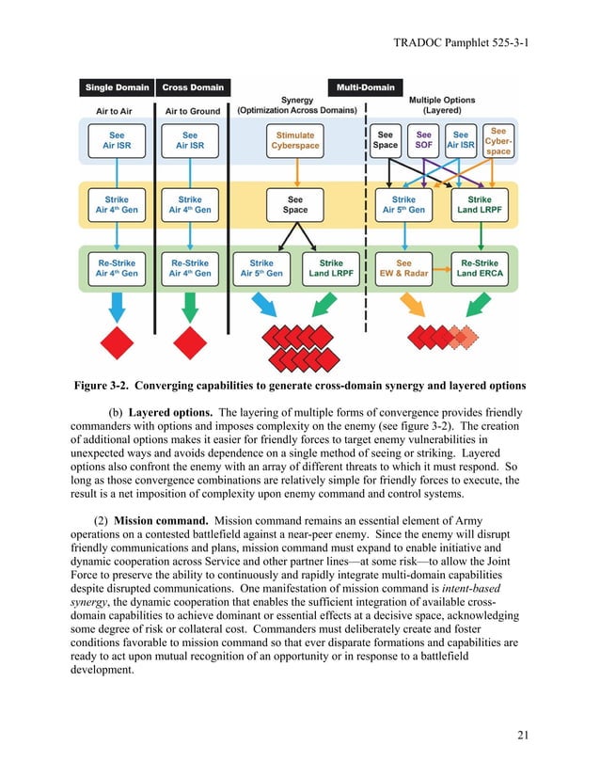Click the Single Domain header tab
click(x=117, y=87)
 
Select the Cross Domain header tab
click(x=193, y=87)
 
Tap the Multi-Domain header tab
click(x=365, y=87)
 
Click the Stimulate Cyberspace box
click(x=295, y=141)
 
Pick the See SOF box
click(x=423, y=141)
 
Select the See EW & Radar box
click(x=403, y=268)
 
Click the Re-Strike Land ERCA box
click(x=480, y=268)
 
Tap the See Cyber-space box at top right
click(x=498, y=141)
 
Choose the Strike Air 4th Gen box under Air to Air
click(x=117, y=205)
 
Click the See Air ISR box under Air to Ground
click(x=191, y=141)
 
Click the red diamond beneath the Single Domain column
click(x=117, y=341)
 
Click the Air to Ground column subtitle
click(x=192, y=111)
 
